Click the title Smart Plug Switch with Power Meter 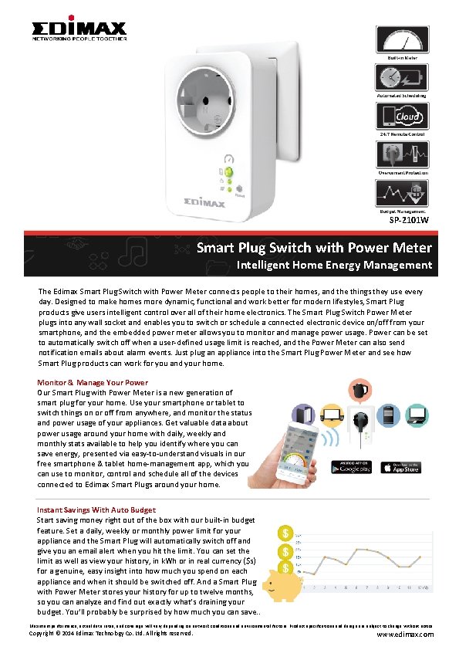click(314, 248)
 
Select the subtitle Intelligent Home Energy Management click(334, 266)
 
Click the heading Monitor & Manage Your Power click(93, 383)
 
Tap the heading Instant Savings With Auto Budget click(96, 510)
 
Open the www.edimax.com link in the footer click(404, 635)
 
